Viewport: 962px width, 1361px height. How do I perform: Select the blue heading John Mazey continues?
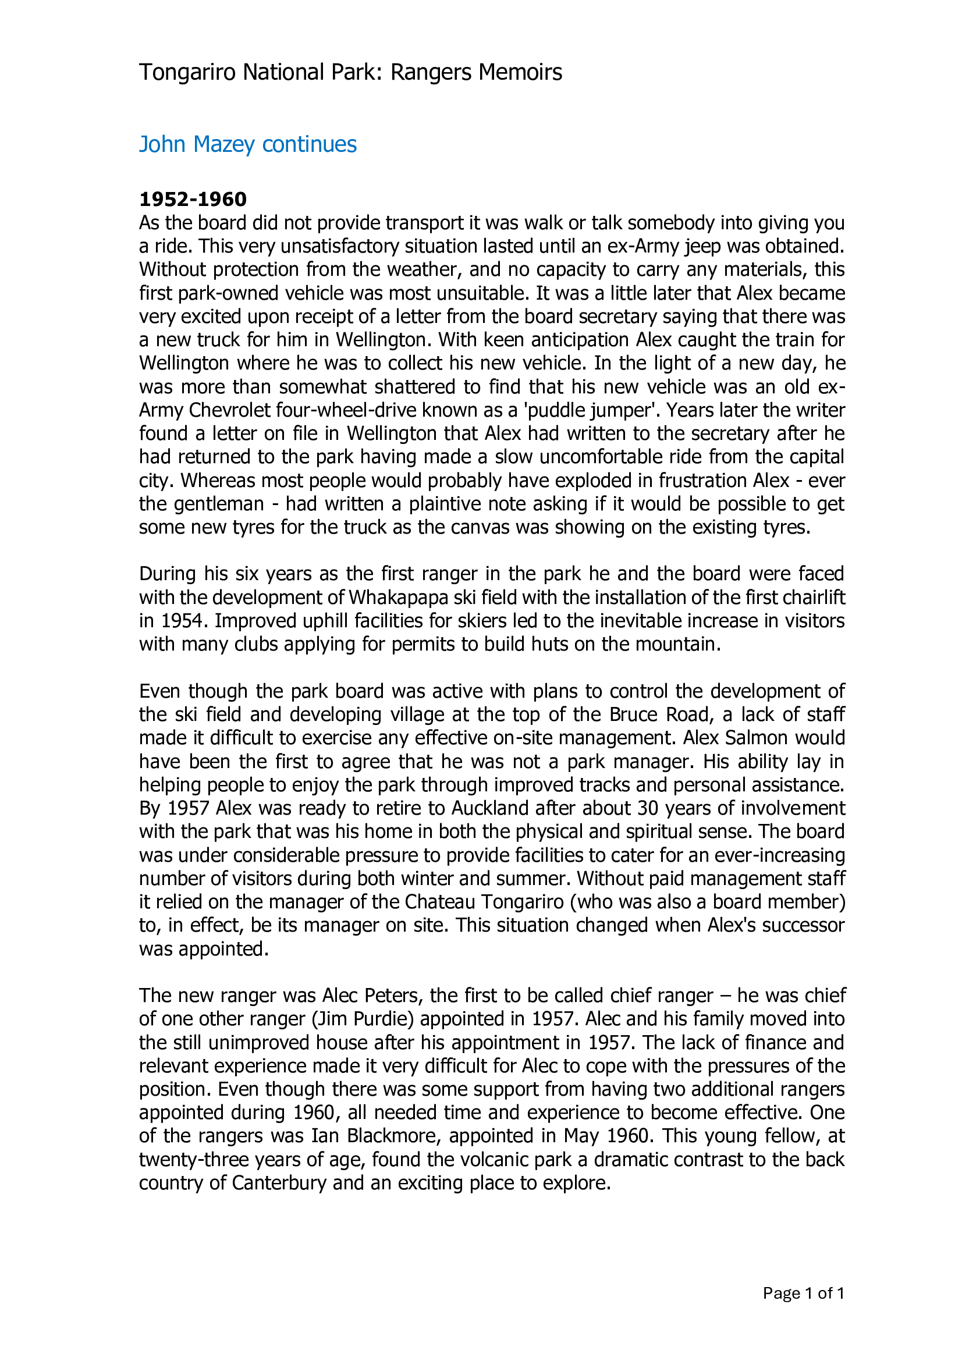coord(248,145)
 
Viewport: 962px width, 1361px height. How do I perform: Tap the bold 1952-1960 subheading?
coord(193,199)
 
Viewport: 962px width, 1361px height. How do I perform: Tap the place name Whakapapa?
coord(397,598)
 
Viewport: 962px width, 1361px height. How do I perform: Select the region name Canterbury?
coord(279,1182)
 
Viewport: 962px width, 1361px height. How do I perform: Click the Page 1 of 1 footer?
coord(803,1294)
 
